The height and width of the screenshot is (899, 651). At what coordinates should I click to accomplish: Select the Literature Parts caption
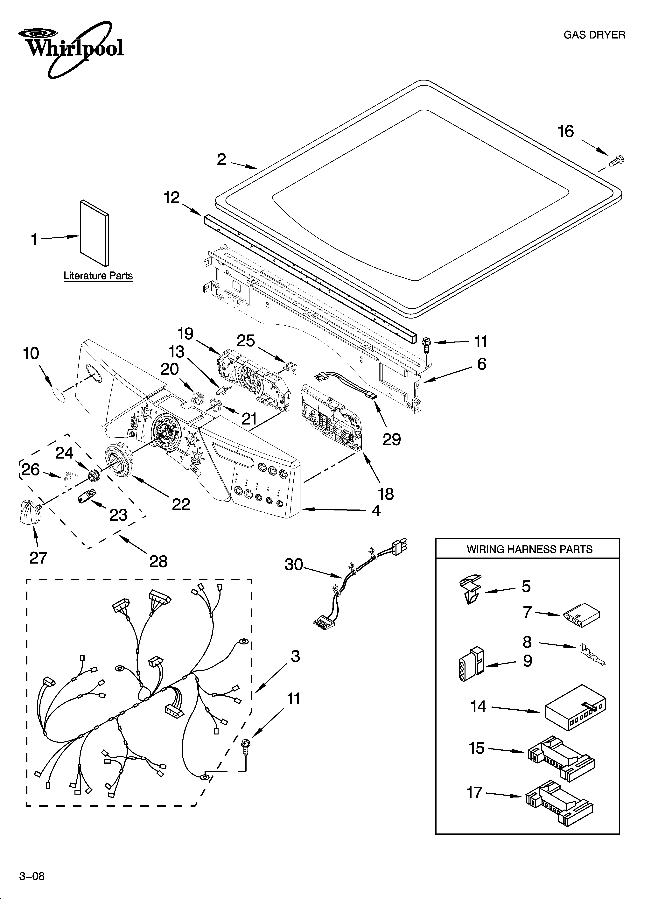(x=98, y=276)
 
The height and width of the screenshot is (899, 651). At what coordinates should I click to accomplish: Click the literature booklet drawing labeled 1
(x=94, y=233)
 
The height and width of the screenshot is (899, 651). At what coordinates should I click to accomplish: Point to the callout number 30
(x=294, y=565)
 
